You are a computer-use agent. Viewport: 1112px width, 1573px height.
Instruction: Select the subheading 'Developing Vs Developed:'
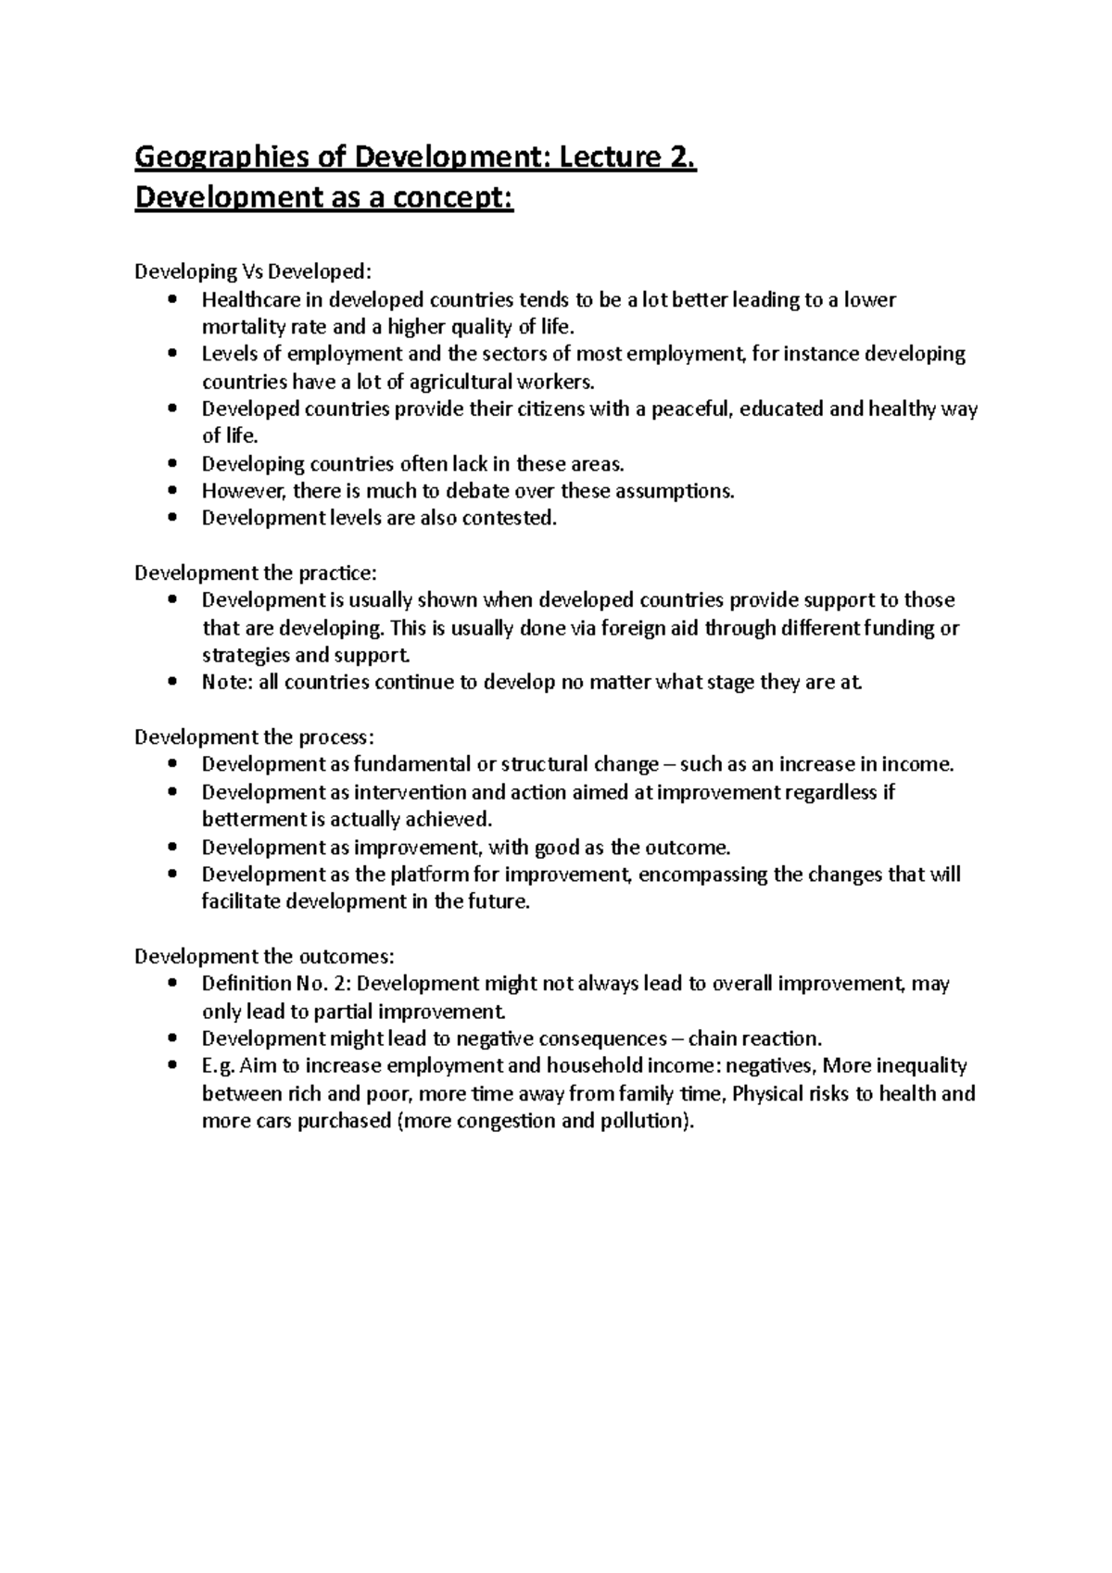click(x=253, y=272)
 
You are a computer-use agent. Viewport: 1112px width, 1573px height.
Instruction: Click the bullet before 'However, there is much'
click(x=172, y=491)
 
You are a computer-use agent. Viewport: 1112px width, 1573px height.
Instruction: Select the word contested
click(x=509, y=519)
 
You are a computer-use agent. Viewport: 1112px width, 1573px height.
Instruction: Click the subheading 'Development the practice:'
click(x=256, y=573)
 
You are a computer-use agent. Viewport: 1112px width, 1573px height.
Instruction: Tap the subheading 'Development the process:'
click(x=255, y=737)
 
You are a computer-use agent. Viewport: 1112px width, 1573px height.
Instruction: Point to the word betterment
click(x=253, y=820)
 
